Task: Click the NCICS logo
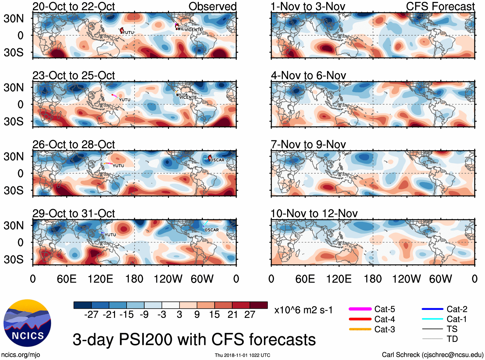click(27, 323)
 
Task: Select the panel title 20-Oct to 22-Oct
click(74, 6)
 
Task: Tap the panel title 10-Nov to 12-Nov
click(314, 214)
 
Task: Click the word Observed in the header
click(212, 6)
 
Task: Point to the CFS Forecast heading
click(440, 6)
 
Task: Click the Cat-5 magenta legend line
click(360, 309)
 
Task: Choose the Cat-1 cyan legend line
click(432, 319)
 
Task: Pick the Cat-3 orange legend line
click(360, 329)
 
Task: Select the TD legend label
click(452, 339)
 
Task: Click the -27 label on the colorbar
click(91, 315)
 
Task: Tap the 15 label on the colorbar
click(214, 315)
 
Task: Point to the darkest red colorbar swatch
click(259, 305)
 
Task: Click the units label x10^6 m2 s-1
click(303, 310)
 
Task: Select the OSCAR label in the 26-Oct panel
click(217, 160)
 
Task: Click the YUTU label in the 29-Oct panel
click(110, 235)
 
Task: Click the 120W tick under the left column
click(168, 279)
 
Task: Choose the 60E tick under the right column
click(305, 279)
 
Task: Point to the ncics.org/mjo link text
click(21, 355)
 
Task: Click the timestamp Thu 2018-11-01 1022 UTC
click(242, 355)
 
